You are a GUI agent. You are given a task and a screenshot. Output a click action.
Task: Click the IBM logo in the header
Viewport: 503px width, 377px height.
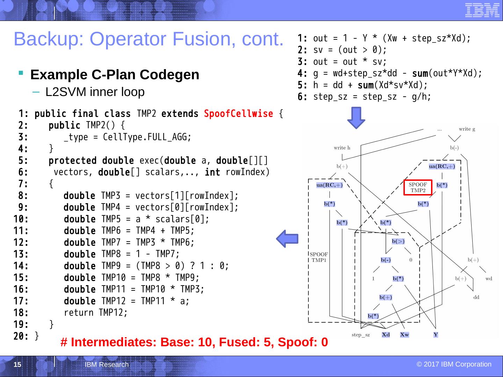point(482,10)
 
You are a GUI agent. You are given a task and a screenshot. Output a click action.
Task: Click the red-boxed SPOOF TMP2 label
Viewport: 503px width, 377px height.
point(418,187)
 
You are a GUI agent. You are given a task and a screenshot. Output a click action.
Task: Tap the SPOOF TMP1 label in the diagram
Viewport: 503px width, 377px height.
point(319,257)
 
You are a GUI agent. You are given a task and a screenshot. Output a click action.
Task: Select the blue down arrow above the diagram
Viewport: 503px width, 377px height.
point(356,118)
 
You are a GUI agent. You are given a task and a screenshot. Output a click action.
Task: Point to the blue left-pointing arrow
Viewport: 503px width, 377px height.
point(287,239)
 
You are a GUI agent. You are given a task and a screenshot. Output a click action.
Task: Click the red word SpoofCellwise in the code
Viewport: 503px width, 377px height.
point(238,114)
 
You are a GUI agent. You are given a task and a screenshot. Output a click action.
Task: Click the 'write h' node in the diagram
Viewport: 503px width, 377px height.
point(342,148)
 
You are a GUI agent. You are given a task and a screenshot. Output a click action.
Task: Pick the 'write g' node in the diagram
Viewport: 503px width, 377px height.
point(467,129)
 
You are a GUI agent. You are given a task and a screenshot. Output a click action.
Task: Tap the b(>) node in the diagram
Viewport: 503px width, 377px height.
point(398,241)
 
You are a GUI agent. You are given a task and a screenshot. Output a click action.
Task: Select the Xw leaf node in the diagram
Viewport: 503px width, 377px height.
point(404,335)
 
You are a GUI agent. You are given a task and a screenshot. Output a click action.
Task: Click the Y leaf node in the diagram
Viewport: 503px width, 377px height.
point(436,335)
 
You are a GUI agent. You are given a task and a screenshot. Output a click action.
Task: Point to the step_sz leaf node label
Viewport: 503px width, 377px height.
point(360,335)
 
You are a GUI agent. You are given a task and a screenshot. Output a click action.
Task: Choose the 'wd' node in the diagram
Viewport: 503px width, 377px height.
point(489,279)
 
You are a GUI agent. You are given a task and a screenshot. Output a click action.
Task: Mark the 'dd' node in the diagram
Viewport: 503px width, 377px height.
point(476,297)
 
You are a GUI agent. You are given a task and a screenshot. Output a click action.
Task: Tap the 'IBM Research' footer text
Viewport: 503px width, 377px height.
point(107,365)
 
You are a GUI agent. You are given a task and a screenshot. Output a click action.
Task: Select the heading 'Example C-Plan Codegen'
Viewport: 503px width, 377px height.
point(115,75)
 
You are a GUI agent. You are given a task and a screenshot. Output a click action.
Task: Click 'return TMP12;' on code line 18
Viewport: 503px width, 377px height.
point(96,313)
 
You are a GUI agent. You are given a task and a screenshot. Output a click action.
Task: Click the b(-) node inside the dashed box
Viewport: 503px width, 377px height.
point(386,260)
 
